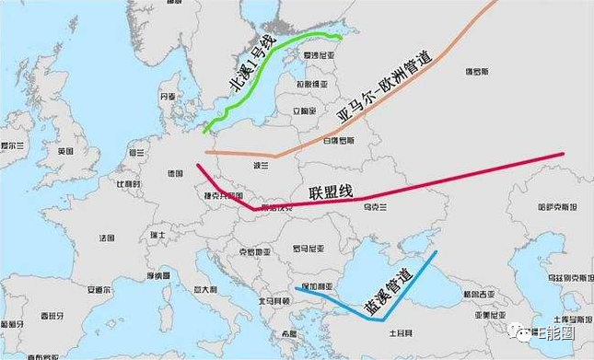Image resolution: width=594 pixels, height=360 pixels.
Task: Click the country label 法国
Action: pyautogui.click(x=107, y=238)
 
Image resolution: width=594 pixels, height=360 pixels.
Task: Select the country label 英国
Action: pyautogui.click(x=64, y=151)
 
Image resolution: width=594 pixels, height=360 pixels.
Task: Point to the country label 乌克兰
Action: pyautogui.click(x=372, y=207)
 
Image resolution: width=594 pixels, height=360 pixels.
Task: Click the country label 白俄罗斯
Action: pyautogui.click(x=339, y=140)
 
